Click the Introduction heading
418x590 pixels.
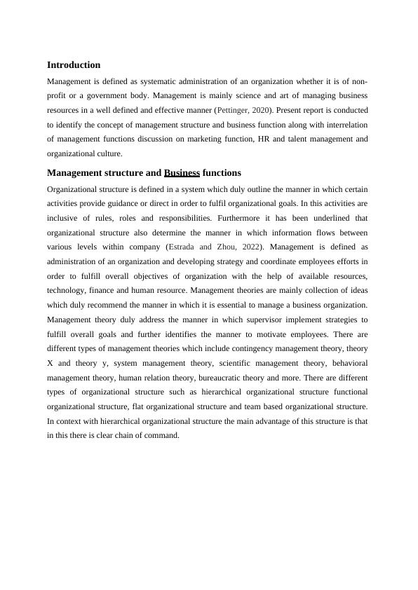[74, 65]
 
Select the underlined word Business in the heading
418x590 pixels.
[182, 172]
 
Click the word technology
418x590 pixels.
[69, 290]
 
